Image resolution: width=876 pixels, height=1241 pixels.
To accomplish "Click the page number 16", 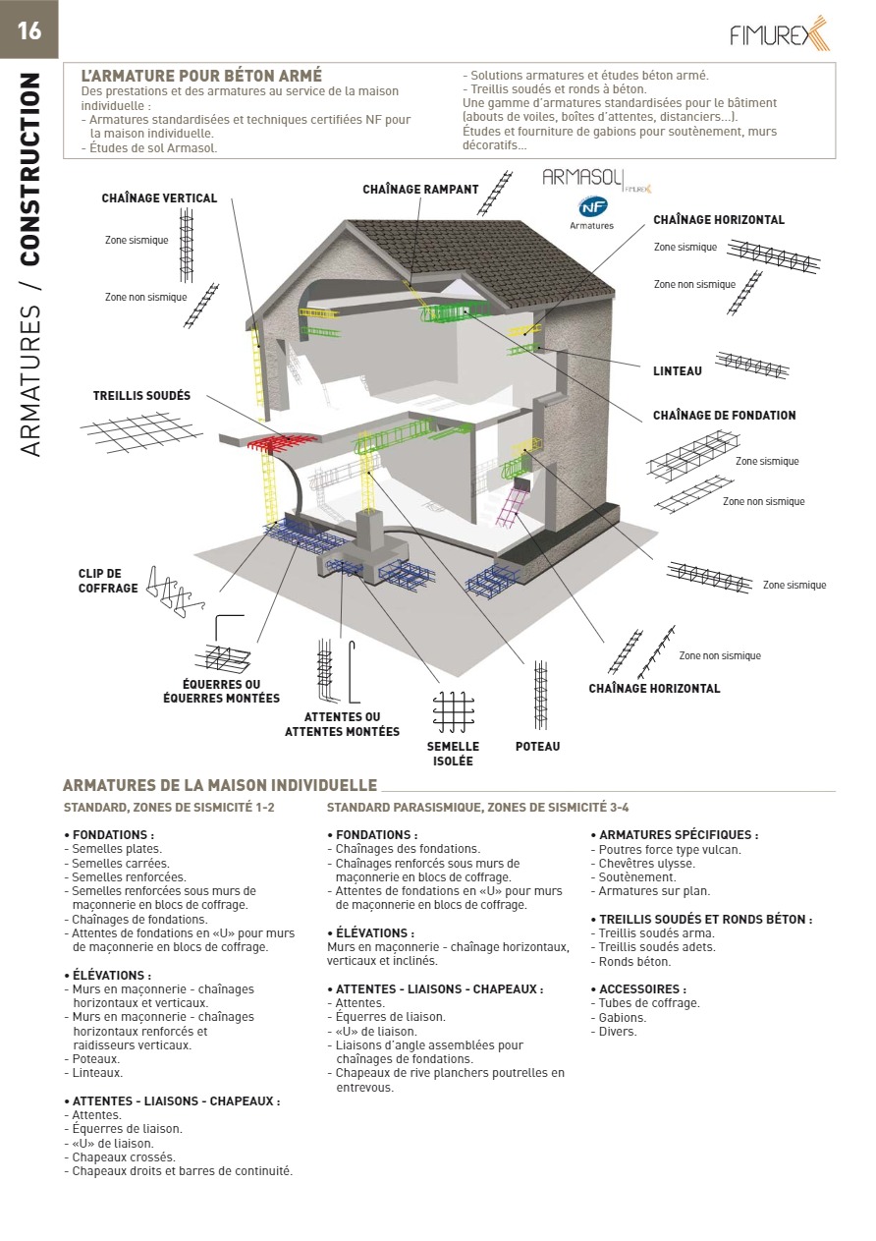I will [29, 30].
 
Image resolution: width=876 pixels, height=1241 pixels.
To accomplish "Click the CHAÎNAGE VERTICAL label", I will [159, 198].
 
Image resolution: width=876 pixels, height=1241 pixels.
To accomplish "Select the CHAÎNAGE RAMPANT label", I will [420, 190].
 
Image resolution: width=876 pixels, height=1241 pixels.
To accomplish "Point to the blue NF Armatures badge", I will [592, 207].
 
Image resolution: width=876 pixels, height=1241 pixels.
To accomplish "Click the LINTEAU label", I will [678, 371].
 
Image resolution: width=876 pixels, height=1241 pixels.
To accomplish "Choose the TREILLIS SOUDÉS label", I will [141, 396].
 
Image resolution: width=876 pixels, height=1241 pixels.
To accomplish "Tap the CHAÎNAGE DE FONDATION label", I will [724, 416].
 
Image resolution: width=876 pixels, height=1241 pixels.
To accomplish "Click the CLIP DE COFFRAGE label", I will [100, 581].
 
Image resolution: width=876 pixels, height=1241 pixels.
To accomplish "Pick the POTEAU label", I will [537, 747].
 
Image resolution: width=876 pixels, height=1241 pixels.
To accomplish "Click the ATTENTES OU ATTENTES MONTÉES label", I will [342, 724].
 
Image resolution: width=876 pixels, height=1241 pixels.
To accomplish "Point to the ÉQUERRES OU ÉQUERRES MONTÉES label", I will [221, 691].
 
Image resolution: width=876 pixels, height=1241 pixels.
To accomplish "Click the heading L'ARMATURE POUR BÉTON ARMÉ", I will [201, 76].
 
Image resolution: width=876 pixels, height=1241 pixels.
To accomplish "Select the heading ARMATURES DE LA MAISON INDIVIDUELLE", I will [220, 785].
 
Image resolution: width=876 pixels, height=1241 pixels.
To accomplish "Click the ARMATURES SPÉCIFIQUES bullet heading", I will [674, 835].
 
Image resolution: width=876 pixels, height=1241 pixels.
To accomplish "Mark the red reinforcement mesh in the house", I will [286, 441].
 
